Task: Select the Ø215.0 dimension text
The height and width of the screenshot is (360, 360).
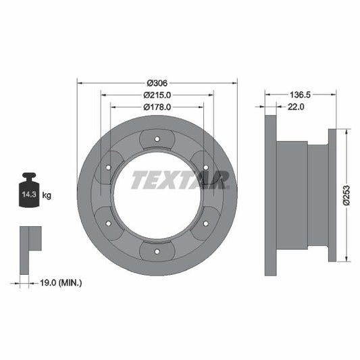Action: tap(157, 95)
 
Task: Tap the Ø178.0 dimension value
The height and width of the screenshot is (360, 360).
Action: tap(157, 107)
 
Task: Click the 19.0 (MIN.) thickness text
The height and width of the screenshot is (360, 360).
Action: tap(60, 282)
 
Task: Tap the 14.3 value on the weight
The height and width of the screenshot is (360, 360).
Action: tap(28, 196)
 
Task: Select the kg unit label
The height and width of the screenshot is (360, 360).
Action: tap(47, 196)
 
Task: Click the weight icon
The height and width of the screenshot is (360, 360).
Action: tap(29, 190)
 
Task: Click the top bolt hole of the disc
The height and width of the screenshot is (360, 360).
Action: tap(157, 140)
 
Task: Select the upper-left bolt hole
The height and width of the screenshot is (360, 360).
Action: tap(108, 168)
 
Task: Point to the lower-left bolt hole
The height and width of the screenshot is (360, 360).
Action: tap(108, 224)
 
